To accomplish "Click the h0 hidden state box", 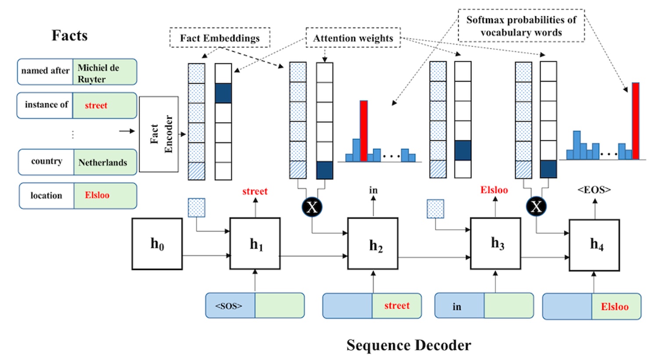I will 157,244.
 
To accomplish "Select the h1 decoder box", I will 255,244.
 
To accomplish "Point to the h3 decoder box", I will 496,243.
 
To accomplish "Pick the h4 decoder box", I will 594,245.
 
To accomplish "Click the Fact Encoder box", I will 159,134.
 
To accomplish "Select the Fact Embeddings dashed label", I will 220,38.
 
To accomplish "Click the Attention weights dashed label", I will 353,38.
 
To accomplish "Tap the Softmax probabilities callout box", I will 521,26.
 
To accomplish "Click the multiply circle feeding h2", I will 312,207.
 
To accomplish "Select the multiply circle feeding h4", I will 536,207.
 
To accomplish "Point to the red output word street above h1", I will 255,191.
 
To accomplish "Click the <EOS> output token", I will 594,190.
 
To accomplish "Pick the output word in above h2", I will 373,190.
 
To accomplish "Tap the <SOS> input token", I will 229,306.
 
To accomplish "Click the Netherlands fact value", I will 103,162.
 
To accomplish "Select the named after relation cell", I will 46,71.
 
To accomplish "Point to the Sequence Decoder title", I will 409,345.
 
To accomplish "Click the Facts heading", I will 70,36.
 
